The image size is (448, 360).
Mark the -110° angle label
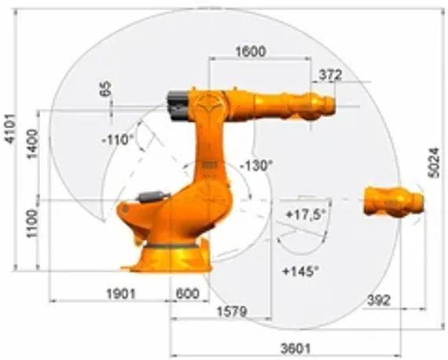point(118,139)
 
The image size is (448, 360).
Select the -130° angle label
point(257,166)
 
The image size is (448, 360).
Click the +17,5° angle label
point(306,214)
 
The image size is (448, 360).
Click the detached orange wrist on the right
point(394,201)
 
